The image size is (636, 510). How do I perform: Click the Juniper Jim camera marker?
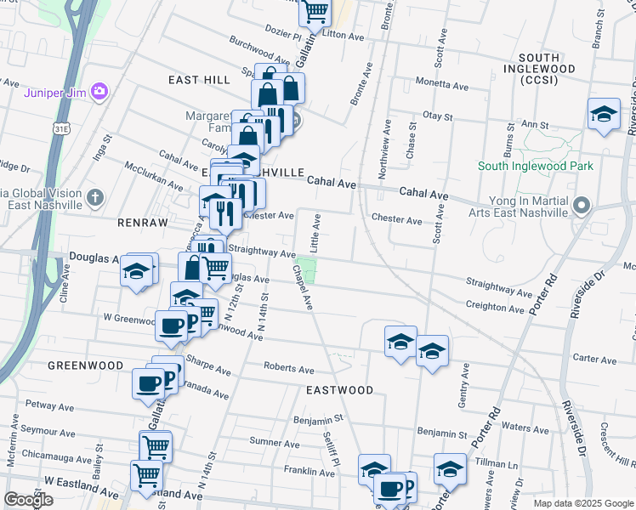(x=99, y=91)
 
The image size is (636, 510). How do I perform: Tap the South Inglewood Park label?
(x=536, y=167)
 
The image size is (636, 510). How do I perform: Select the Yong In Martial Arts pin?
(x=582, y=205)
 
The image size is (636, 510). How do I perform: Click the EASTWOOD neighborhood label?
(x=340, y=390)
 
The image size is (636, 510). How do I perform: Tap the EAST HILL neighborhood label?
(x=199, y=80)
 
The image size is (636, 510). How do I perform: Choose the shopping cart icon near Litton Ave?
(x=315, y=12)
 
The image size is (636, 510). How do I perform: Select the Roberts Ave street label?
(x=289, y=369)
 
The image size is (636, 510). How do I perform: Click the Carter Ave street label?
(x=594, y=360)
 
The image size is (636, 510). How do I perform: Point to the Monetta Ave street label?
(x=442, y=86)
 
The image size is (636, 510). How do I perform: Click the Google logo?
(x=28, y=500)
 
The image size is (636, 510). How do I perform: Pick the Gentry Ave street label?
(x=464, y=379)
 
